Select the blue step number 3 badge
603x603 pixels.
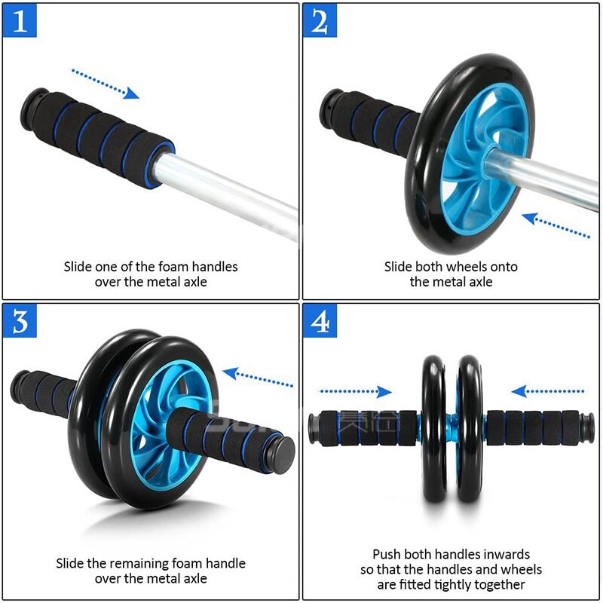tap(20, 321)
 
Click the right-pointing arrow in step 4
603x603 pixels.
tap(354, 391)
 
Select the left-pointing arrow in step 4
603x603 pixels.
tap(548, 391)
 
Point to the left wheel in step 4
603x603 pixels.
tap(433, 428)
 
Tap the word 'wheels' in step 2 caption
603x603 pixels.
tap(467, 266)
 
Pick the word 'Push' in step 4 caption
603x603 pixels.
tap(387, 554)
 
